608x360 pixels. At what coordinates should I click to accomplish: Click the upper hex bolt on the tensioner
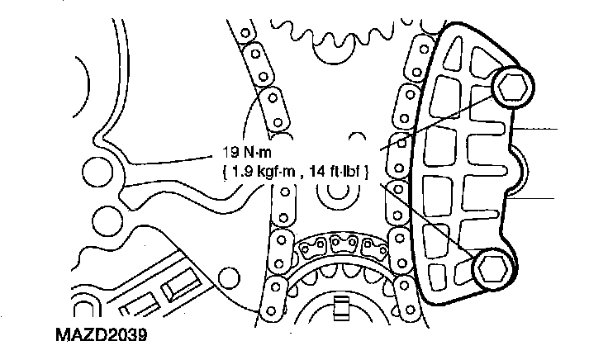pos(513,88)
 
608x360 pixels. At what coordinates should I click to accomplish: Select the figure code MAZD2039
pos(102,334)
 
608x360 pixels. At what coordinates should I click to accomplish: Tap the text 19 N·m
pos(247,152)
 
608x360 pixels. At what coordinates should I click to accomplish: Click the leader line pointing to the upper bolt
pos(437,123)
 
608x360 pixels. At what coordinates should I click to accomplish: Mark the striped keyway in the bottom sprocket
pos(341,309)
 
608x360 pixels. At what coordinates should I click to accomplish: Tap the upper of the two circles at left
pos(97,172)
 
